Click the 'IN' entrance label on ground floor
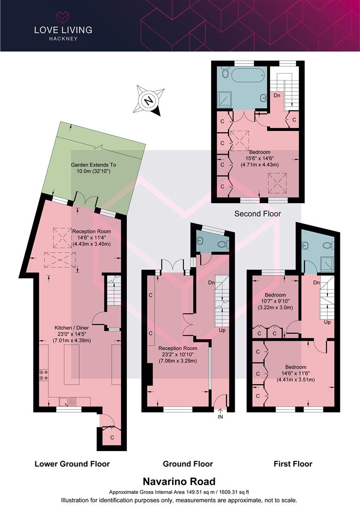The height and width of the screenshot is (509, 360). [x=220, y=417]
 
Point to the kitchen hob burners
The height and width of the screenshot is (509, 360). [x=43, y=375]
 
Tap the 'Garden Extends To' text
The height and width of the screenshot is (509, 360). [x=93, y=165]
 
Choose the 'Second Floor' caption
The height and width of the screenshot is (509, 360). [x=257, y=213]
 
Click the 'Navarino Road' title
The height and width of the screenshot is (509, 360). [x=179, y=481]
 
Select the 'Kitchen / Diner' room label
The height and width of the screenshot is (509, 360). [x=72, y=328]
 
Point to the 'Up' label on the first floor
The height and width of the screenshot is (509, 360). [x=327, y=322]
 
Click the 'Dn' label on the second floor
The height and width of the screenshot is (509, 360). [x=277, y=95]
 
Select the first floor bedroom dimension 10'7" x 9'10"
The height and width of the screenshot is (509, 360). [x=275, y=301]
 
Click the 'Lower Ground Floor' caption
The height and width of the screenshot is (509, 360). [x=72, y=464]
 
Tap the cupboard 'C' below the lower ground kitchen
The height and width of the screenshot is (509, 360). [x=112, y=437]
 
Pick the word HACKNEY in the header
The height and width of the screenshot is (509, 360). [x=63, y=39]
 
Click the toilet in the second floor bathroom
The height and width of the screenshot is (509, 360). [x=226, y=74]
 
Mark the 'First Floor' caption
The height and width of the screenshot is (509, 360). [x=293, y=464]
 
